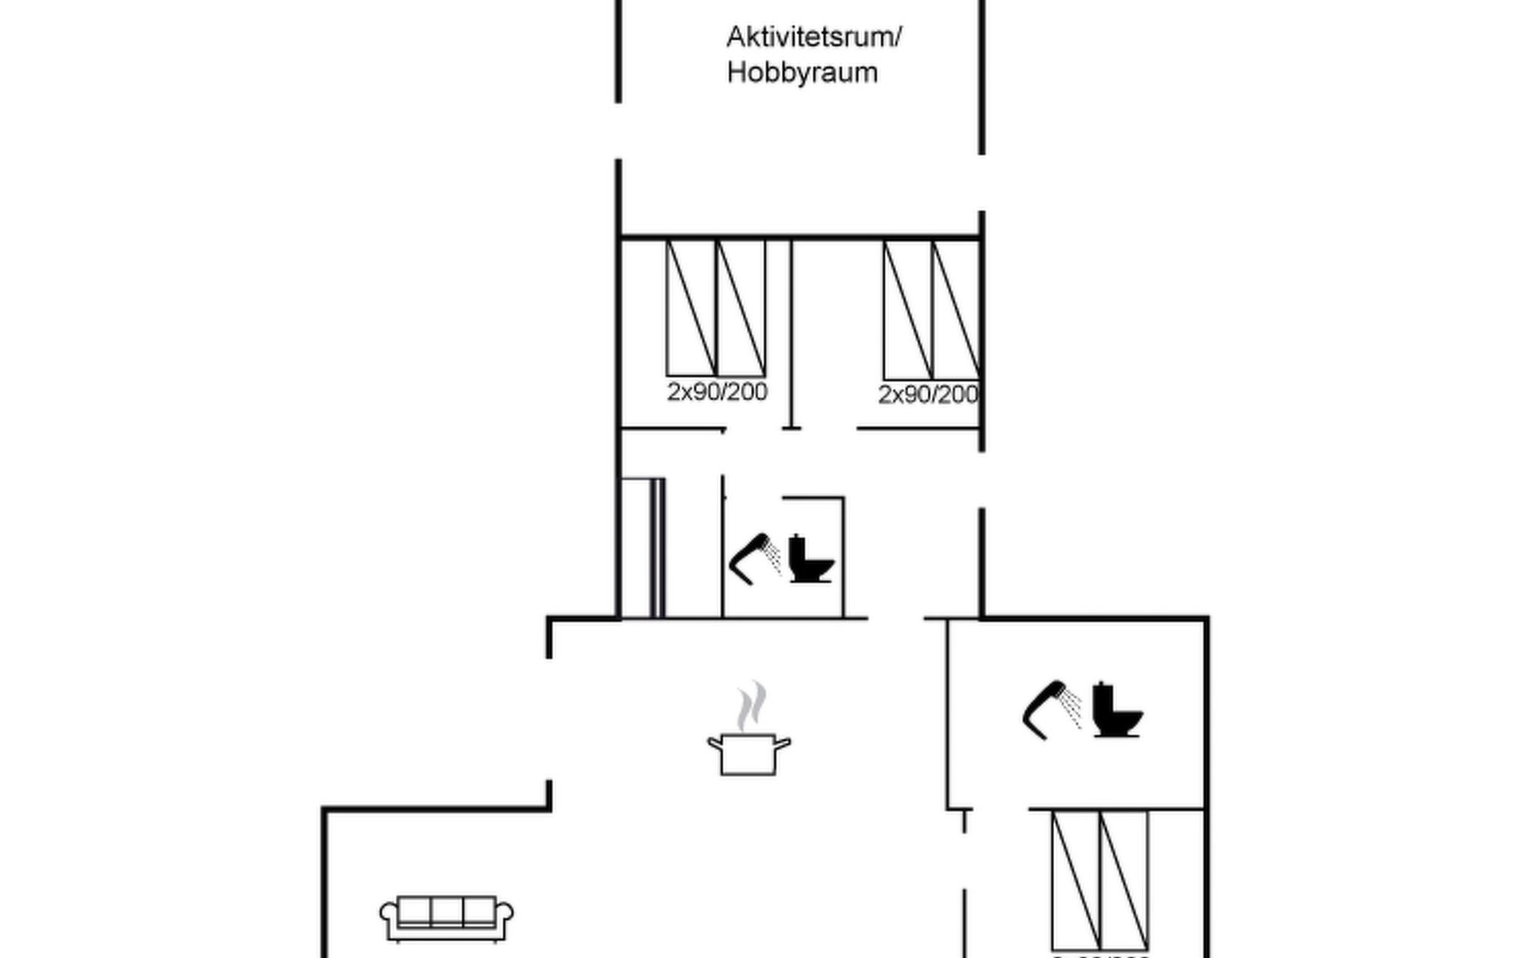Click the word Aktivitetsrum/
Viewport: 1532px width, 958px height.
pyautogui.click(x=813, y=38)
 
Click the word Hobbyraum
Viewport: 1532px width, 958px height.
pyautogui.click(x=802, y=73)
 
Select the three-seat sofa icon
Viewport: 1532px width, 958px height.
pyautogui.click(x=446, y=918)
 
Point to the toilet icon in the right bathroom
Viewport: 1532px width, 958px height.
pyautogui.click(x=1116, y=710)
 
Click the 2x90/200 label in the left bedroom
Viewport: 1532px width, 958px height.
pyautogui.click(x=717, y=392)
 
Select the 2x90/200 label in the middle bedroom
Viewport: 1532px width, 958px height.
pyautogui.click(x=928, y=394)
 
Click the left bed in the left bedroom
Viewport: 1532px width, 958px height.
pyautogui.click(x=691, y=308)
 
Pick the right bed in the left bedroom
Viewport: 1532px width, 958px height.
pyautogui.click(x=741, y=308)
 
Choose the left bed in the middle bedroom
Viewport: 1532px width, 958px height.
pyautogui.click(x=908, y=311)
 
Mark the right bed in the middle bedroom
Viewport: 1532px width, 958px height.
pyautogui.click(x=957, y=311)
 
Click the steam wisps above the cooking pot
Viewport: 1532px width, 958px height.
pyautogui.click(x=751, y=707)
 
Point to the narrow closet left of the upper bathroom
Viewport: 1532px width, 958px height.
pyautogui.click(x=642, y=548)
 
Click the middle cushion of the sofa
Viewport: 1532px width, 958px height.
pyautogui.click(x=447, y=911)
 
